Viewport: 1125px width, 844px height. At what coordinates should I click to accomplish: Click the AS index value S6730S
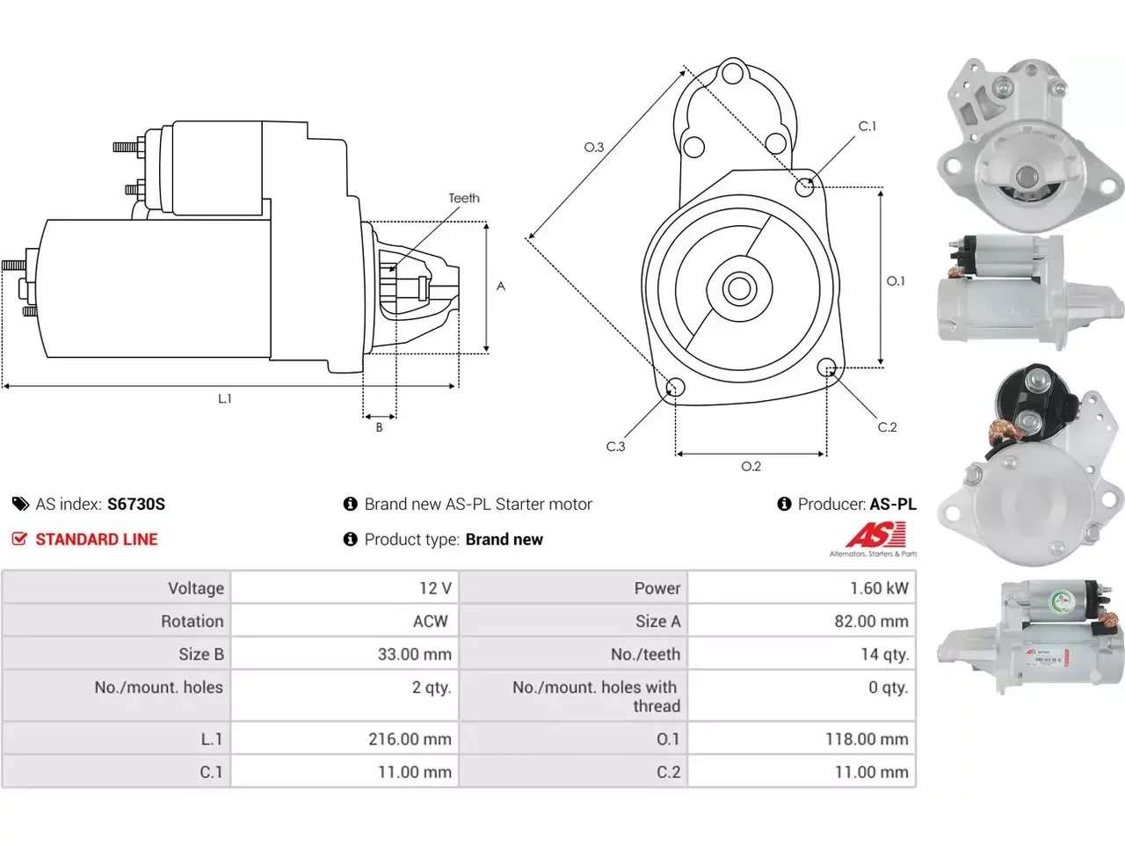(136, 505)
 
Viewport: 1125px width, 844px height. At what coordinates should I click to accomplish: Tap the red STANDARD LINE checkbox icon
(19, 539)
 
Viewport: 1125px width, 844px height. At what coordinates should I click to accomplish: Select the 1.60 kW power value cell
(802, 588)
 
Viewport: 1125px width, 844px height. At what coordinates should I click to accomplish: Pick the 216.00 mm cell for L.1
(345, 738)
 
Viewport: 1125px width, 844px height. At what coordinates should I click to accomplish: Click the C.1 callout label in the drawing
(867, 126)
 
